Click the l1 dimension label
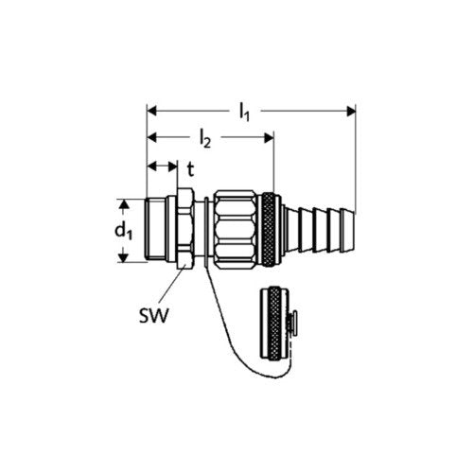click(244, 113)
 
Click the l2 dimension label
click(205, 139)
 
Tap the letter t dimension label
click(190, 169)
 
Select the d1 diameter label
click(124, 231)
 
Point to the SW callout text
click(154, 315)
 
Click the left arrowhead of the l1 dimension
click(152, 111)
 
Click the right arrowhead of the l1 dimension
click(351, 111)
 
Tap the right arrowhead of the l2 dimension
click(269, 138)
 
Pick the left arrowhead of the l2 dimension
click(152, 138)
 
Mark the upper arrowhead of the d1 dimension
click(124, 203)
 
